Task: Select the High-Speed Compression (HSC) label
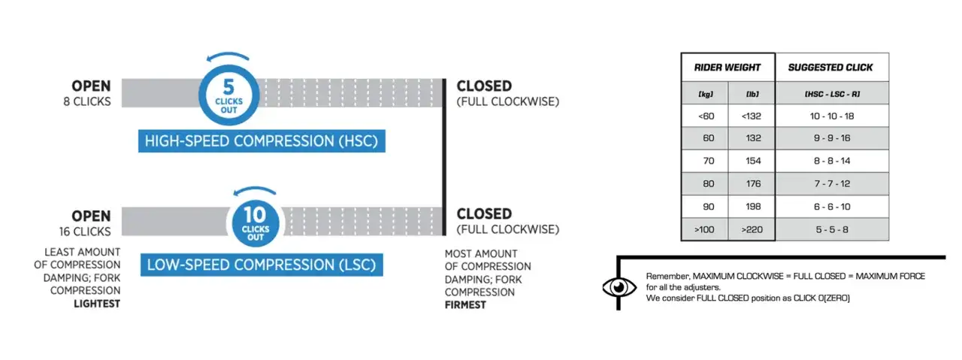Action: click(x=262, y=141)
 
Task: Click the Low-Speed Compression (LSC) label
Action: click(x=262, y=265)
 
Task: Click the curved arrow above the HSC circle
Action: click(x=228, y=58)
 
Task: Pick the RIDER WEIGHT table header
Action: click(x=728, y=67)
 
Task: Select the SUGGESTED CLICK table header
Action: click(x=830, y=67)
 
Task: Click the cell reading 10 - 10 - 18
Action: click(x=830, y=116)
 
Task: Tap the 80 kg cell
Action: click(x=705, y=183)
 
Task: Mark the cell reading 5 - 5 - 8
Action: click(x=830, y=228)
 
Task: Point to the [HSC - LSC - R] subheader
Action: click(x=830, y=93)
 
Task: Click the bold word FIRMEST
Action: click(x=465, y=304)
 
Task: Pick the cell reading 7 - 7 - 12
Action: click(x=830, y=183)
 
